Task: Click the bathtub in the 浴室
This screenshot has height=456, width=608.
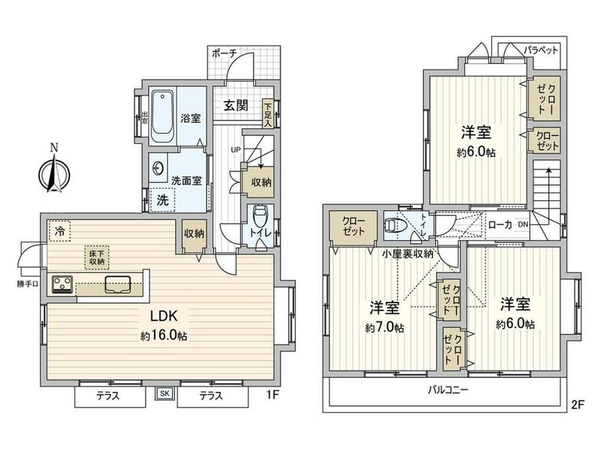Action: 163,116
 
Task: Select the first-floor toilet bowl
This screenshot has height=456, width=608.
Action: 259,216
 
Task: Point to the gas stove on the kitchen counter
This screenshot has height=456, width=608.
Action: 62,283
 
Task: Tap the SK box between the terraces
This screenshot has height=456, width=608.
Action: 165,393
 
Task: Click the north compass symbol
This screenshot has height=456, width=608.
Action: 54,173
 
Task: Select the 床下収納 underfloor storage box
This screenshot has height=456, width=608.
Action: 97,257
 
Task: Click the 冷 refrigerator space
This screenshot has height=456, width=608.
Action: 59,231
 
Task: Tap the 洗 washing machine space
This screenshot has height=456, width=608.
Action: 163,200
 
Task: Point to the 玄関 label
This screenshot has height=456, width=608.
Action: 236,105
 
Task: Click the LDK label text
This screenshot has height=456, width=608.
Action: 164,316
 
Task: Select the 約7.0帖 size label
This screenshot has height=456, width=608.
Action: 384,328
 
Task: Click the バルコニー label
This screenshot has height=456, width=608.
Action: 448,389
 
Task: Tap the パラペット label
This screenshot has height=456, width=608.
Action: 541,50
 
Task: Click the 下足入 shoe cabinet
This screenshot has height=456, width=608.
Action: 268,113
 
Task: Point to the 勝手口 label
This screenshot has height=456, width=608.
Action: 28,284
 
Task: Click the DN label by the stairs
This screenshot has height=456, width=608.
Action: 523,224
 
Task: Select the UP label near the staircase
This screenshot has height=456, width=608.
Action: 236,149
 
